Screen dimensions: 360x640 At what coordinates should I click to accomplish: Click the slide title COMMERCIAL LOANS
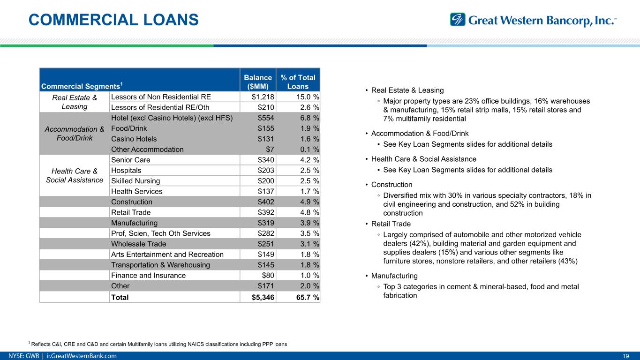[x=113, y=20]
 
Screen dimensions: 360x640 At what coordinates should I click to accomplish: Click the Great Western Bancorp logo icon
[x=458, y=20]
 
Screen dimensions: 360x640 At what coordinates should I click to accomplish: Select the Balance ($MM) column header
[x=258, y=82]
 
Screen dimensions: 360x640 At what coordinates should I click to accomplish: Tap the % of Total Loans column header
[x=298, y=82]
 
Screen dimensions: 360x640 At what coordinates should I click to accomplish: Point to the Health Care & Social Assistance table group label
[x=75, y=175]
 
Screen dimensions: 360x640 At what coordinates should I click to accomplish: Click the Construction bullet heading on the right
[x=392, y=185]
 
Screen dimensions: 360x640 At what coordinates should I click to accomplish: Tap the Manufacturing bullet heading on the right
[x=394, y=276]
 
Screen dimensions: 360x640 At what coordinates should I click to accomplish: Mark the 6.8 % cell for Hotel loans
[x=304, y=118]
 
